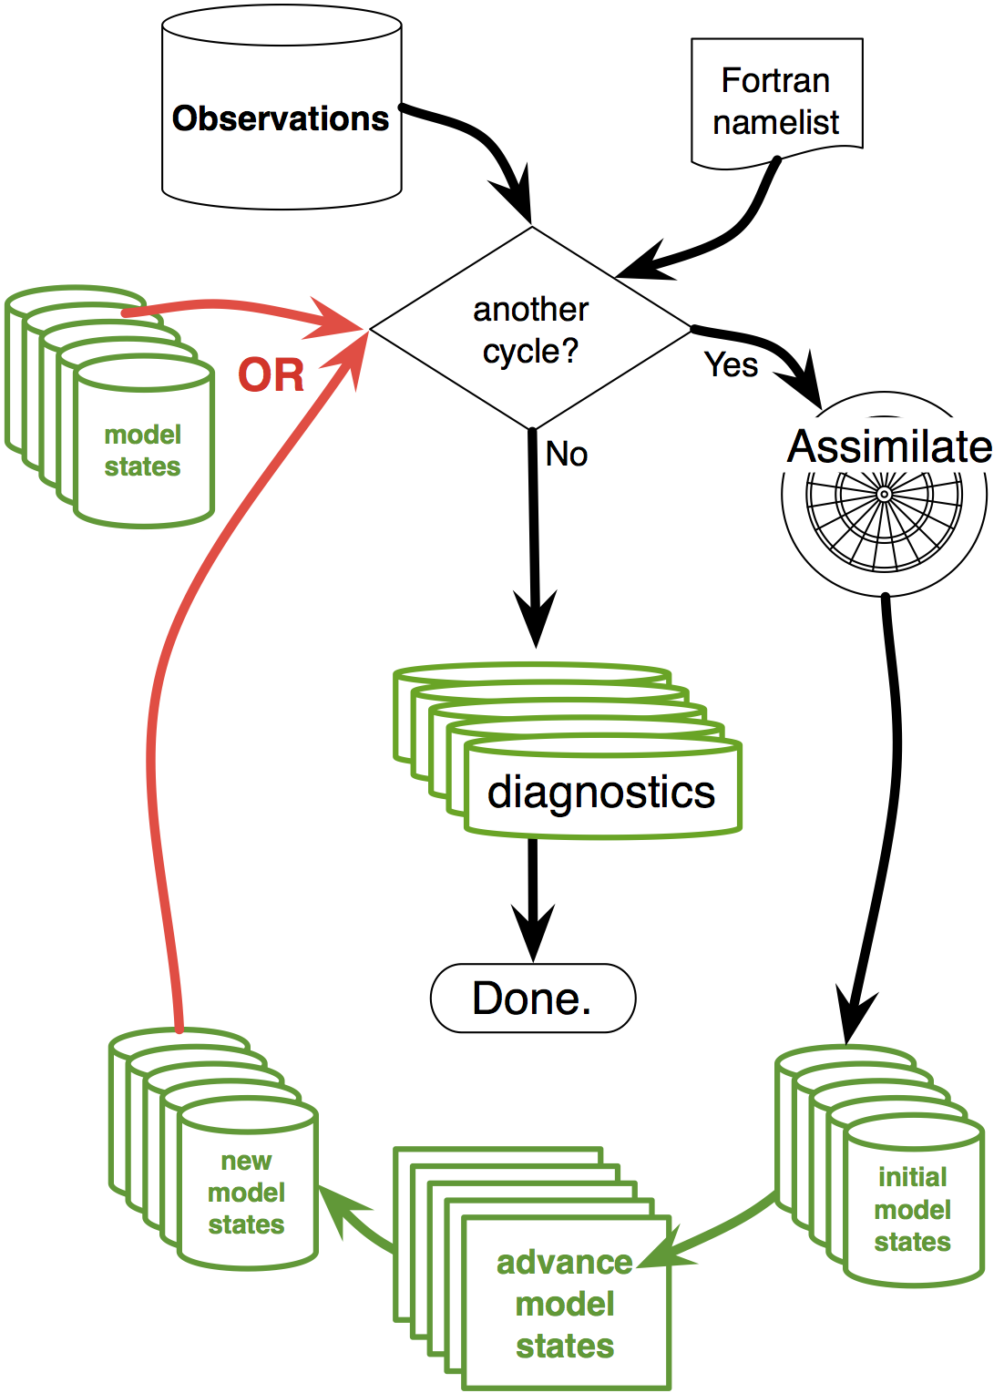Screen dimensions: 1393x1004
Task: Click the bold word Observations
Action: pyautogui.click(x=281, y=119)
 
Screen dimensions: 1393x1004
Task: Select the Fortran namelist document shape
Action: pyautogui.click(x=776, y=101)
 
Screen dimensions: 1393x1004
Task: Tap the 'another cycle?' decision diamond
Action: pyautogui.click(x=531, y=329)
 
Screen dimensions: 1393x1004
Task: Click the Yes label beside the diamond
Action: pyautogui.click(x=731, y=365)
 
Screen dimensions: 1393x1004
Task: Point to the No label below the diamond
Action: pyautogui.click(x=567, y=454)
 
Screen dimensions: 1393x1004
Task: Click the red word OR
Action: pyautogui.click(x=271, y=375)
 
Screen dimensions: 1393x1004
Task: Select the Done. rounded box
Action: pyautogui.click(x=533, y=999)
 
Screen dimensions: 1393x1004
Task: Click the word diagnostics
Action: pyautogui.click(x=601, y=792)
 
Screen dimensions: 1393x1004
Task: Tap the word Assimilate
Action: pyautogui.click(x=889, y=446)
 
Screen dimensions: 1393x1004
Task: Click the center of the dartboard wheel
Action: pyautogui.click(x=884, y=495)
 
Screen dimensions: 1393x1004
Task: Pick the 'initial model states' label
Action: pyautogui.click(x=913, y=1209)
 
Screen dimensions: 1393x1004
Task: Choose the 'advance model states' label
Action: pyautogui.click(x=565, y=1304)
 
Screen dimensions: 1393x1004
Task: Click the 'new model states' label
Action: pyautogui.click(x=246, y=1193)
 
